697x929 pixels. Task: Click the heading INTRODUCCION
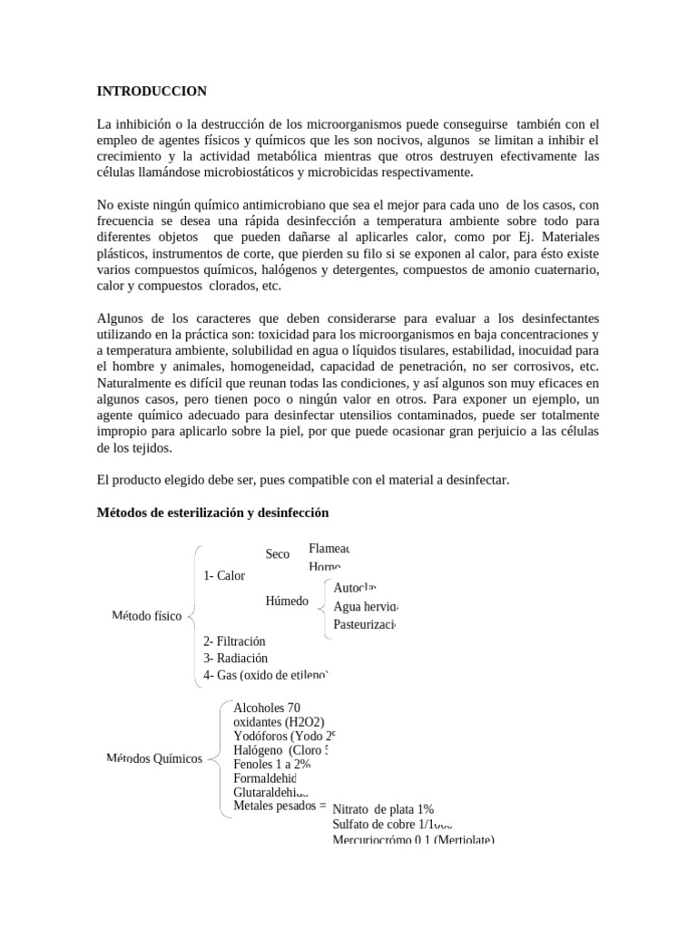pyautogui.click(x=152, y=91)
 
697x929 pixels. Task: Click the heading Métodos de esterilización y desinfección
pyautogui.click(x=212, y=513)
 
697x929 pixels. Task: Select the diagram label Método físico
pyautogui.click(x=146, y=617)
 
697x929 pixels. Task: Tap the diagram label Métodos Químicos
pyautogui.click(x=154, y=758)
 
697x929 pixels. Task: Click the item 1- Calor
pyautogui.click(x=224, y=575)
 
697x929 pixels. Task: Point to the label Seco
pyautogui.click(x=278, y=553)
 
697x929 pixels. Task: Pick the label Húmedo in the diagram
pyautogui.click(x=287, y=601)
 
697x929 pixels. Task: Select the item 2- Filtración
pyautogui.click(x=235, y=641)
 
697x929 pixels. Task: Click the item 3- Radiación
pyautogui.click(x=236, y=658)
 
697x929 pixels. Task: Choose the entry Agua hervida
pyautogui.click(x=366, y=607)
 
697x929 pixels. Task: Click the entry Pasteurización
pyautogui.click(x=364, y=624)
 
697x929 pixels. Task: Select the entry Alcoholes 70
pyautogui.click(x=266, y=708)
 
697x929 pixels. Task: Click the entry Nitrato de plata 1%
pyautogui.click(x=382, y=809)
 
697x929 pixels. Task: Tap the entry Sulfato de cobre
pyautogui.click(x=392, y=825)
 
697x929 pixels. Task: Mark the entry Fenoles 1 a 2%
pyautogui.click(x=271, y=765)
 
